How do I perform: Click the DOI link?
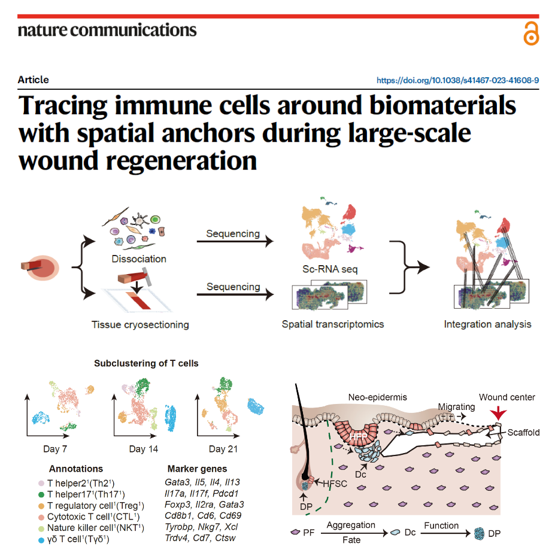[x=457, y=80]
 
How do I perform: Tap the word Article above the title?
[x=34, y=80]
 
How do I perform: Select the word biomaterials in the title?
[x=442, y=106]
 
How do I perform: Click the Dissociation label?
[x=139, y=259]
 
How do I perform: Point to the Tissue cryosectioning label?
[x=140, y=325]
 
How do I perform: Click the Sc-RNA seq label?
[x=330, y=269]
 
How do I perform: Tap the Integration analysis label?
[x=487, y=324]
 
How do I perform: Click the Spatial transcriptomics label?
[x=333, y=324]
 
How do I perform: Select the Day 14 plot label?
[x=144, y=449]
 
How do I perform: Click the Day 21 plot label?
[x=223, y=449]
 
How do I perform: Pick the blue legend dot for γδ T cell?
[x=41, y=540]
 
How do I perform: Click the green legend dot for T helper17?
[x=41, y=494]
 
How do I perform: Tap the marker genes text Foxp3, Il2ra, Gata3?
[x=204, y=505]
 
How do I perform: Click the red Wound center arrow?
[x=498, y=414]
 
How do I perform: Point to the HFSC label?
[x=335, y=484]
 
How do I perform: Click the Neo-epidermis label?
[x=378, y=397]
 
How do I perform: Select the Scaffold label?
[x=523, y=433]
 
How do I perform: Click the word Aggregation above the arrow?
[x=351, y=525]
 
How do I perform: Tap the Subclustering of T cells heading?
[x=146, y=363]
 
